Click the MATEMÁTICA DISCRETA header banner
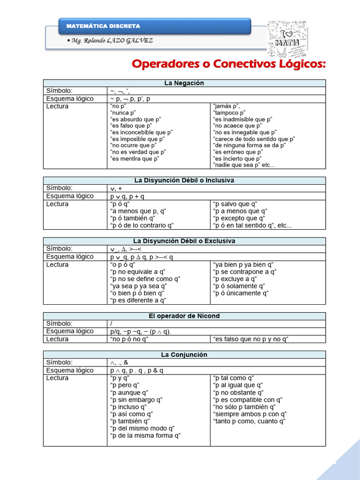click(x=155, y=26)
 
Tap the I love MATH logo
click(x=285, y=37)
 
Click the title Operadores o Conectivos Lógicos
click(x=229, y=64)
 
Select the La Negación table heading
click(x=184, y=83)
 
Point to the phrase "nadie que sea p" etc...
click(x=244, y=165)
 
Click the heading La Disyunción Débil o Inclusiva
click(x=184, y=180)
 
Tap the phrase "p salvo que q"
click(x=235, y=204)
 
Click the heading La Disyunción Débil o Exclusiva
click(x=184, y=241)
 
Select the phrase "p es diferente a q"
click(x=138, y=300)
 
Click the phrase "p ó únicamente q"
click(x=241, y=293)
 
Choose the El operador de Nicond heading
click(x=184, y=316)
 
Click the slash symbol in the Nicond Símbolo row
click(x=112, y=323)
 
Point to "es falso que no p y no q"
click(x=251, y=339)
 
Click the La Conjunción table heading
click(x=184, y=355)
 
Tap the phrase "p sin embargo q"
click(x=136, y=400)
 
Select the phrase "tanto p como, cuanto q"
click(x=249, y=421)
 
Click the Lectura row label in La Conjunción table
click(x=57, y=378)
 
